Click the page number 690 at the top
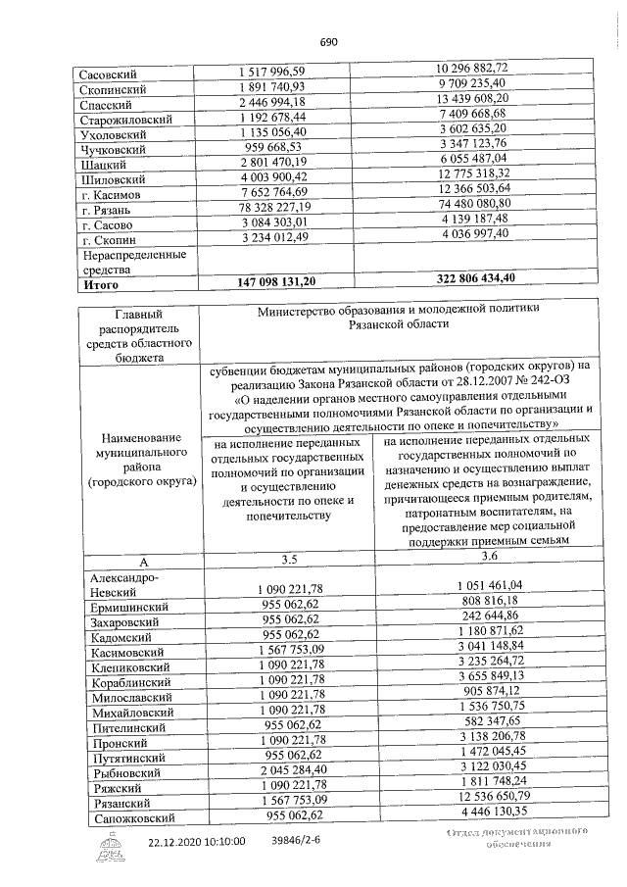pos(328,41)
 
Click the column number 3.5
pos(290,560)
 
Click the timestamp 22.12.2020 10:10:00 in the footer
pos(197,842)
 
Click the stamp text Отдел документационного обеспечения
pos(515,839)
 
